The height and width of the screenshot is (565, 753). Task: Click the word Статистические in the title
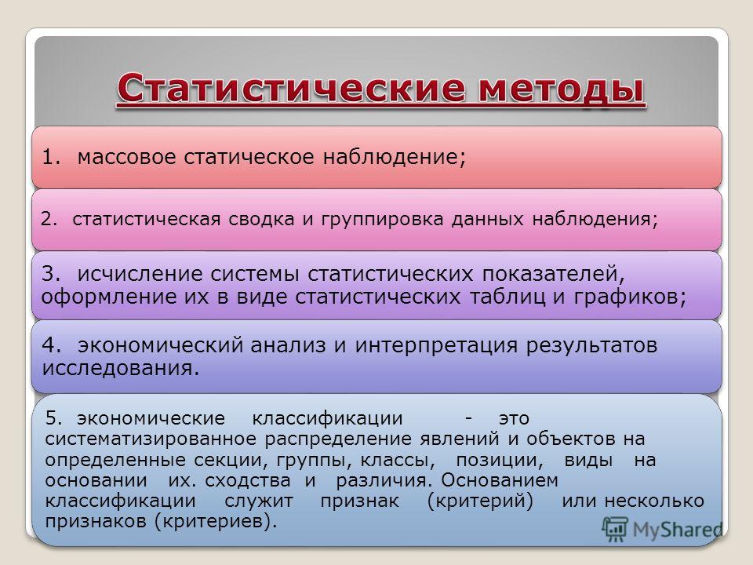coord(291,89)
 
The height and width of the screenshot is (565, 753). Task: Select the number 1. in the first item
coord(51,157)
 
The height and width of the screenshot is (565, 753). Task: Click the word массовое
coord(127,158)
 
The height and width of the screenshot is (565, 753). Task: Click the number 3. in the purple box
coord(51,273)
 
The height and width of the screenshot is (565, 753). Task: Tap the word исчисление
coord(140,274)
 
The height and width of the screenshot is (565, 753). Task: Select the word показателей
coord(553,275)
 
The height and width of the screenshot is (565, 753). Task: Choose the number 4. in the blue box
coord(51,345)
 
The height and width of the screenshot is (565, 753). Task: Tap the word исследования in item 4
coord(120,369)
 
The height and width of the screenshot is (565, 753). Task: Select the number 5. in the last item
coord(54,418)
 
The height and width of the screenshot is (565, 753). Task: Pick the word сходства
coord(248,480)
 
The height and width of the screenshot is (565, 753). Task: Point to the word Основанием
coord(500,480)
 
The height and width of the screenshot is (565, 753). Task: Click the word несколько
coord(654,501)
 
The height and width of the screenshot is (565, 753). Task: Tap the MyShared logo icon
coord(616,529)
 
